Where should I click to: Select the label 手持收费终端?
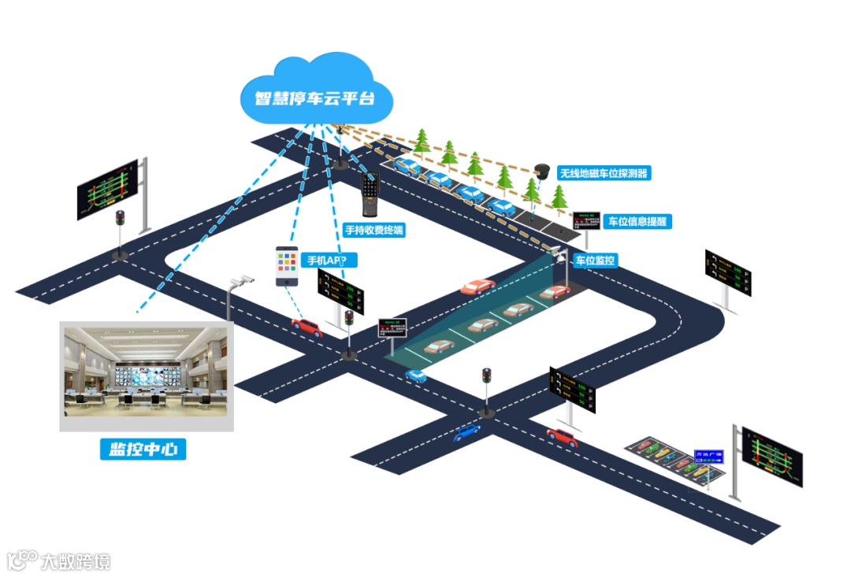click(x=374, y=231)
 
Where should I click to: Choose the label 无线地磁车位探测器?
click(x=603, y=173)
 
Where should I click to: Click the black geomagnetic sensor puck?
click(x=541, y=170)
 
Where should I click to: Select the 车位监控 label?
click(x=595, y=260)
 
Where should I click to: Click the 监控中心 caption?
click(x=143, y=449)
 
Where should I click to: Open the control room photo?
click(x=147, y=375)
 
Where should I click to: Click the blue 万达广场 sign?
click(x=708, y=457)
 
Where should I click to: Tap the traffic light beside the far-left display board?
click(x=120, y=220)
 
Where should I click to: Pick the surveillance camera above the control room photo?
click(x=243, y=279)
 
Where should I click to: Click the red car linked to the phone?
click(x=307, y=326)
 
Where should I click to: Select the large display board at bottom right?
click(x=771, y=456)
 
